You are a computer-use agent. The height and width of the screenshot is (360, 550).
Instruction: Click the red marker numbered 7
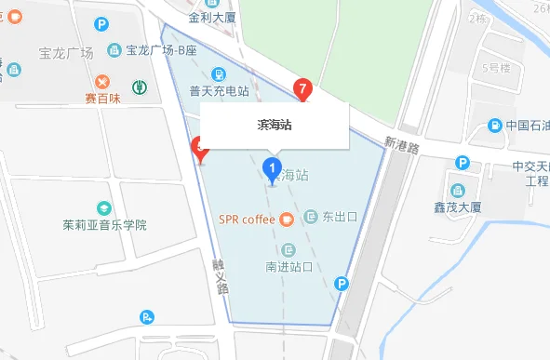pos(302,89)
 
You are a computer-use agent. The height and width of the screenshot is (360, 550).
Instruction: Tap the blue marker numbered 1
pos(272,168)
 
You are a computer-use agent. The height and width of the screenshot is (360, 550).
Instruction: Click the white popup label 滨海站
pos(275,125)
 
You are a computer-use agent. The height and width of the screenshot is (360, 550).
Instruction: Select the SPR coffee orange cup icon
pos(287,220)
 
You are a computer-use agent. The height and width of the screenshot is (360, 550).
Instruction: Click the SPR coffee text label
pos(247,220)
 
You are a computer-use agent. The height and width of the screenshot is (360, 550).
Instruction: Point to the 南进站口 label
pos(288,267)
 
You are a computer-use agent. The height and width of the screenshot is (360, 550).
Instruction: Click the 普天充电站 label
pos(219,91)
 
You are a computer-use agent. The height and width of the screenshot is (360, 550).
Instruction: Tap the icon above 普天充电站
pos(219,73)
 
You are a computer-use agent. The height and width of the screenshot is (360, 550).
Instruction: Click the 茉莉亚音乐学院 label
pos(105,225)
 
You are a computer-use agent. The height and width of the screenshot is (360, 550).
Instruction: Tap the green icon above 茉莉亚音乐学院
pos(104,207)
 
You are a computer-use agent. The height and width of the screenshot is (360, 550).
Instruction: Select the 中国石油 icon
pos(497,126)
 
